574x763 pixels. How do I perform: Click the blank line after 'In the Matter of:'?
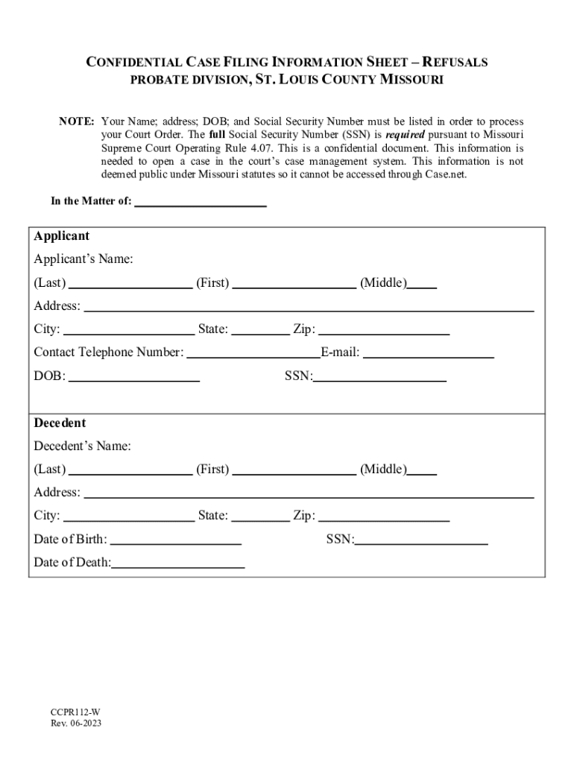[201, 200]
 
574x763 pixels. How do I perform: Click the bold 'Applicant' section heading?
[62, 236]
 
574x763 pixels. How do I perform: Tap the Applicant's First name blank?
[294, 282]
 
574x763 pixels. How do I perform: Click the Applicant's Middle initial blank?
[423, 282]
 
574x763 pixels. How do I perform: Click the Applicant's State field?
[260, 329]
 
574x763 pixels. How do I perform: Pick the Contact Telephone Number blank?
[253, 352]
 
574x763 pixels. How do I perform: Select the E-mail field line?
[429, 352]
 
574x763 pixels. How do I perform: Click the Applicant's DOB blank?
[134, 376]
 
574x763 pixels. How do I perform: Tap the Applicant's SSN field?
[379, 376]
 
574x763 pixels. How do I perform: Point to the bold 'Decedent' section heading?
[60, 422]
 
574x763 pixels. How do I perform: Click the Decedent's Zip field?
[384, 516]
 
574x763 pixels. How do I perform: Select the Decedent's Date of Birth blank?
[176, 539]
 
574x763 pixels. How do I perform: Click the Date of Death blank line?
[178, 563]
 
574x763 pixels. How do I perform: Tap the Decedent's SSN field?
[421, 539]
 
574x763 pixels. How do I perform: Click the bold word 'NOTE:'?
[77, 121]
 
